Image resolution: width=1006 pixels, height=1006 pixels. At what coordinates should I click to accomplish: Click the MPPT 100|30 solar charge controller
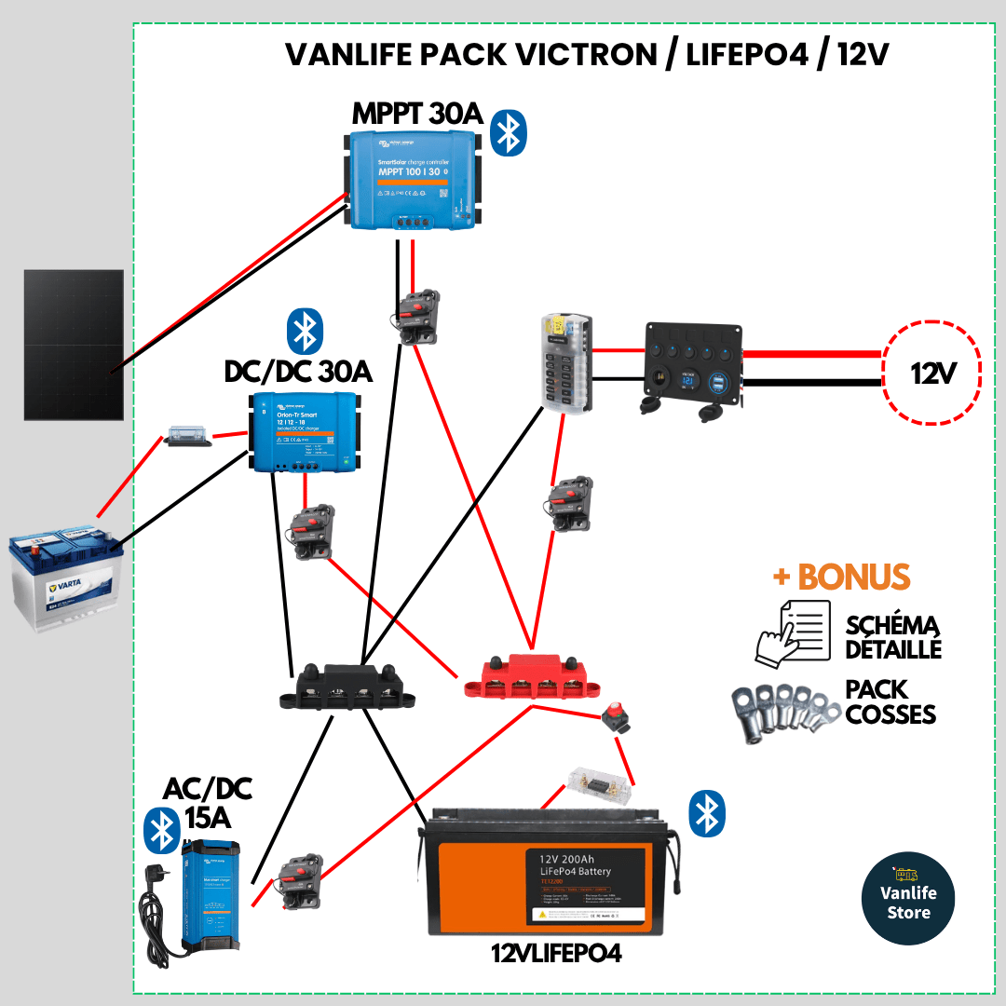point(413,179)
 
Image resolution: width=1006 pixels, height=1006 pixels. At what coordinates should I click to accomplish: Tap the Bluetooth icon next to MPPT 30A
point(509,132)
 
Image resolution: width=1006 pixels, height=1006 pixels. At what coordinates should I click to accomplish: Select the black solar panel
point(74,345)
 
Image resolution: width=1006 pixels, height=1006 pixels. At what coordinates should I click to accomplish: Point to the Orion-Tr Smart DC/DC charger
point(305,431)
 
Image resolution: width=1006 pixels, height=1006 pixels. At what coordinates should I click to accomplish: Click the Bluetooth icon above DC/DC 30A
point(304,330)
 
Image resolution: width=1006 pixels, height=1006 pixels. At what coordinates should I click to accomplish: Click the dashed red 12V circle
point(931,374)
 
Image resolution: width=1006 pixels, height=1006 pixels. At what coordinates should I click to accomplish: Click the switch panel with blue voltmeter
point(694,367)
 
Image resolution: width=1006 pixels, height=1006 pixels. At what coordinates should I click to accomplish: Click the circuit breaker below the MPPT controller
point(416,318)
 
